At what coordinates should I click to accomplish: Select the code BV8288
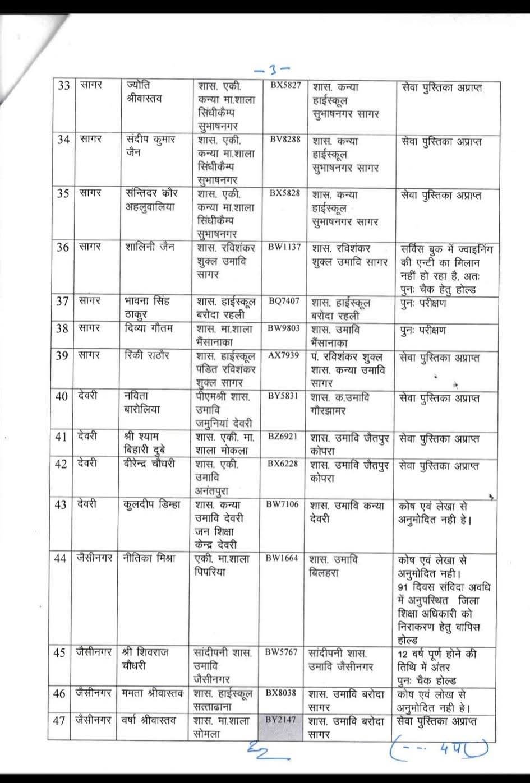(x=284, y=140)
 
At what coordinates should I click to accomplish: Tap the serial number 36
(x=63, y=248)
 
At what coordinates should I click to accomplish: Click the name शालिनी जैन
(x=148, y=248)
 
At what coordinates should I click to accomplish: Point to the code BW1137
(x=284, y=247)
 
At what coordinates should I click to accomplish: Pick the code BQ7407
(x=284, y=300)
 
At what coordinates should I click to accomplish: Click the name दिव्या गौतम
(x=149, y=329)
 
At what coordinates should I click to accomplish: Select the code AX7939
(x=284, y=356)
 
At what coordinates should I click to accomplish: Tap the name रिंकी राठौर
(x=147, y=356)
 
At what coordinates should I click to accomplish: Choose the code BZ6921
(x=283, y=435)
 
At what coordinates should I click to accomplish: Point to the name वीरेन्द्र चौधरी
(x=149, y=464)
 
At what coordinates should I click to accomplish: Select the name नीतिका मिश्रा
(x=149, y=558)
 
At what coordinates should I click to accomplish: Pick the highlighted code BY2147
(x=282, y=719)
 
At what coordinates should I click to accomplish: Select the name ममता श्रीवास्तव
(x=153, y=694)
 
